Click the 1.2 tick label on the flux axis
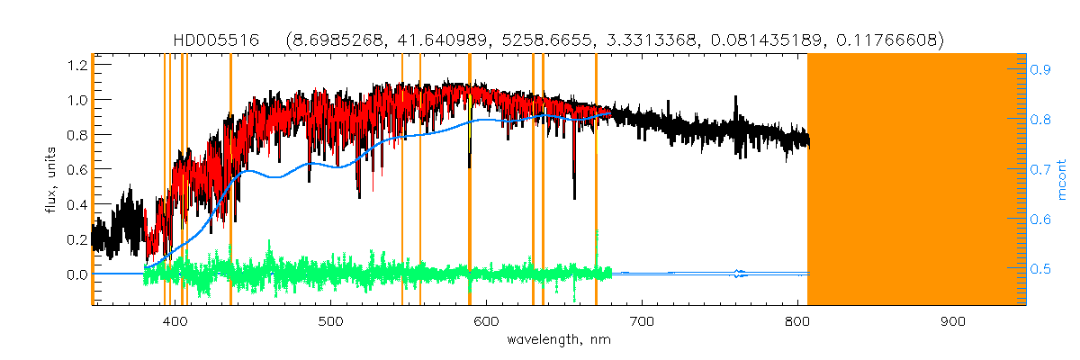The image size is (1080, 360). pos(76,65)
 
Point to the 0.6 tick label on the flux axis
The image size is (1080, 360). pos(76,169)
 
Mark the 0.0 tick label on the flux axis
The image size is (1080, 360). pos(76,274)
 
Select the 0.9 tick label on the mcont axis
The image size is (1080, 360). pos(1041,68)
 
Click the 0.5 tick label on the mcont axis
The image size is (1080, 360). pos(1041,269)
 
